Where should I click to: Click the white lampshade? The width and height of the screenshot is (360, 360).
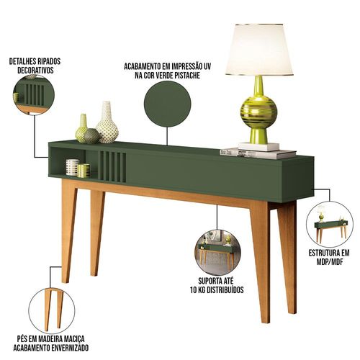(259, 50)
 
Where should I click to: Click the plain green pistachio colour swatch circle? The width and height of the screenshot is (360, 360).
(167, 104)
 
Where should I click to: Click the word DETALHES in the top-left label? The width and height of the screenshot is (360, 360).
(22, 61)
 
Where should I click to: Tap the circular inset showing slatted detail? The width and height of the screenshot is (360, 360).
(34, 94)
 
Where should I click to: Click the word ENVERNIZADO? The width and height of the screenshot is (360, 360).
(70, 348)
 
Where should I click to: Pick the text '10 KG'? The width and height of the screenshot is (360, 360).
(199, 290)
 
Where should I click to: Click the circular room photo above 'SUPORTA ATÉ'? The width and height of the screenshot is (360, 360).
(217, 252)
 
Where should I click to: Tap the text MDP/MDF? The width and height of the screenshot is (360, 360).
(329, 261)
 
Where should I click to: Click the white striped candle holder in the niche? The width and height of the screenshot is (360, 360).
(72, 167)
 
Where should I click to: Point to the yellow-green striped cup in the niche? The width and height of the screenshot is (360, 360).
(84, 171)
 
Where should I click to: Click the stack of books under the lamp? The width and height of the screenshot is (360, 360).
(258, 153)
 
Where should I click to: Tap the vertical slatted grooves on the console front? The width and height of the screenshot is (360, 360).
(112, 166)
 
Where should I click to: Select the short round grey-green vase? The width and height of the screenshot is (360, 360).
(91, 136)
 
